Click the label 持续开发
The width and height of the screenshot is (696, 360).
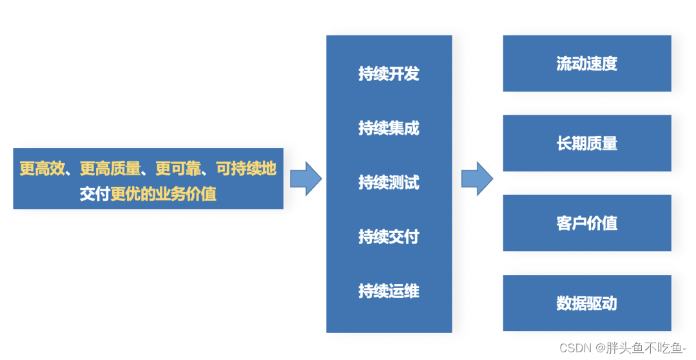(389, 73)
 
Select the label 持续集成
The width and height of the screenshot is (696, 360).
(389, 128)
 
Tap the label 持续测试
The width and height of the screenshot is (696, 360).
(389, 183)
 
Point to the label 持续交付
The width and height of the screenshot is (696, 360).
(389, 237)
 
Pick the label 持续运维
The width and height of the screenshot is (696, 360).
(389, 291)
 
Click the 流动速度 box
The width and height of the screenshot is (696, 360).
(586, 63)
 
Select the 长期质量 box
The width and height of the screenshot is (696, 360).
(586, 143)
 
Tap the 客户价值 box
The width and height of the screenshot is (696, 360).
(586, 223)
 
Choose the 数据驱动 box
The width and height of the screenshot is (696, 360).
(586, 303)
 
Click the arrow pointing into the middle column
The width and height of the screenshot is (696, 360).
(305, 178)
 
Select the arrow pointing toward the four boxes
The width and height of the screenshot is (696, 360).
(477, 178)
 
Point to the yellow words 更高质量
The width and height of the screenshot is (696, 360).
(110, 169)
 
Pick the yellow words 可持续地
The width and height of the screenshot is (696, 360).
(246, 169)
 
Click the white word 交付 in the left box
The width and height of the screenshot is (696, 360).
(95, 194)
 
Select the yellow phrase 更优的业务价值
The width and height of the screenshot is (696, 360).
(163, 194)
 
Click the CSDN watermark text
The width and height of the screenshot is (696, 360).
(575, 348)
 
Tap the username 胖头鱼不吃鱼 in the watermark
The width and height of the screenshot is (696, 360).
(644, 348)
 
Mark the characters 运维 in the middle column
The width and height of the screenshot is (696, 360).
(404, 291)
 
